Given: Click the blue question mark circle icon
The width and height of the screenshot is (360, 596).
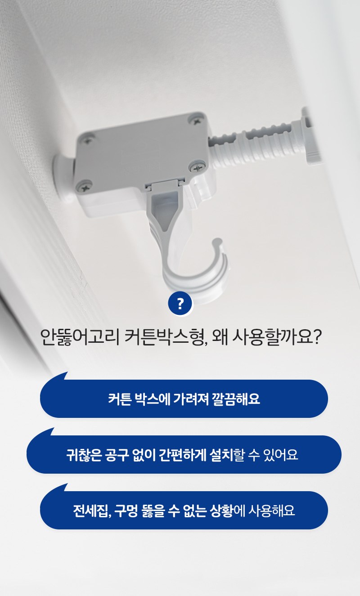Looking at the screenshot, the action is [180, 303].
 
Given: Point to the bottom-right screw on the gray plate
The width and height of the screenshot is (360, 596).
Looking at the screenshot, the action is [198, 167].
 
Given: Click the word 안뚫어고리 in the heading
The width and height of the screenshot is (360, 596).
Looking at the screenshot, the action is [80, 337].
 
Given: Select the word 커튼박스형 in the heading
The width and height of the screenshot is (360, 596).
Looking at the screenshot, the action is [166, 337].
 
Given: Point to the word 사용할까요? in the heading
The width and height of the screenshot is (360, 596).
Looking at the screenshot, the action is [276, 337].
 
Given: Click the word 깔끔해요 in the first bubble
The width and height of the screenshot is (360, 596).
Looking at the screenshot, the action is [236, 399].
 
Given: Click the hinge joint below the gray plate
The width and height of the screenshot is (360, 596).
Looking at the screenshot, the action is [164, 185].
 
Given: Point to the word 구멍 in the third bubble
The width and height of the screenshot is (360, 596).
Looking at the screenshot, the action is [126, 511].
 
